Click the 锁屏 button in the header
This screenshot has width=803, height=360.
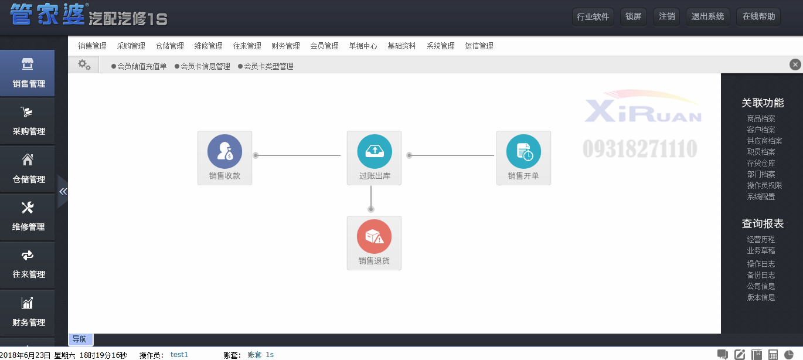633,17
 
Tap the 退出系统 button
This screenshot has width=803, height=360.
707,17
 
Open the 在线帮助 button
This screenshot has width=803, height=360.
758,17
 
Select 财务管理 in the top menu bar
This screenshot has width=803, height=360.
285,46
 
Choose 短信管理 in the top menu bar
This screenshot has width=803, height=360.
479,46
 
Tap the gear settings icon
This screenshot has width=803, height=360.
84,65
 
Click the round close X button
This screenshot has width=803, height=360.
795,64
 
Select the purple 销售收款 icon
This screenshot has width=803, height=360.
224,151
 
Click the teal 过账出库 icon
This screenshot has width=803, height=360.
375,151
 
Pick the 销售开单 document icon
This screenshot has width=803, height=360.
523,151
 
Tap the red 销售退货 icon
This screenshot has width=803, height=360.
374,236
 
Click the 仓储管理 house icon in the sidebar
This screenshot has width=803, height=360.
28,159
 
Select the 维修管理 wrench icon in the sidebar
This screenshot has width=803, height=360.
28,208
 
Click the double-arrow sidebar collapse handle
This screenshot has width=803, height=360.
63,192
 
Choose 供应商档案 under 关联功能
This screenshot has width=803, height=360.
764,141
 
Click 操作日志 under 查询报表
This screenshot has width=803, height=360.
761,264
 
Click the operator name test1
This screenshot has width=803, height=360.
179,355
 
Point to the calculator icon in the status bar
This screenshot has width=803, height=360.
773,355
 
